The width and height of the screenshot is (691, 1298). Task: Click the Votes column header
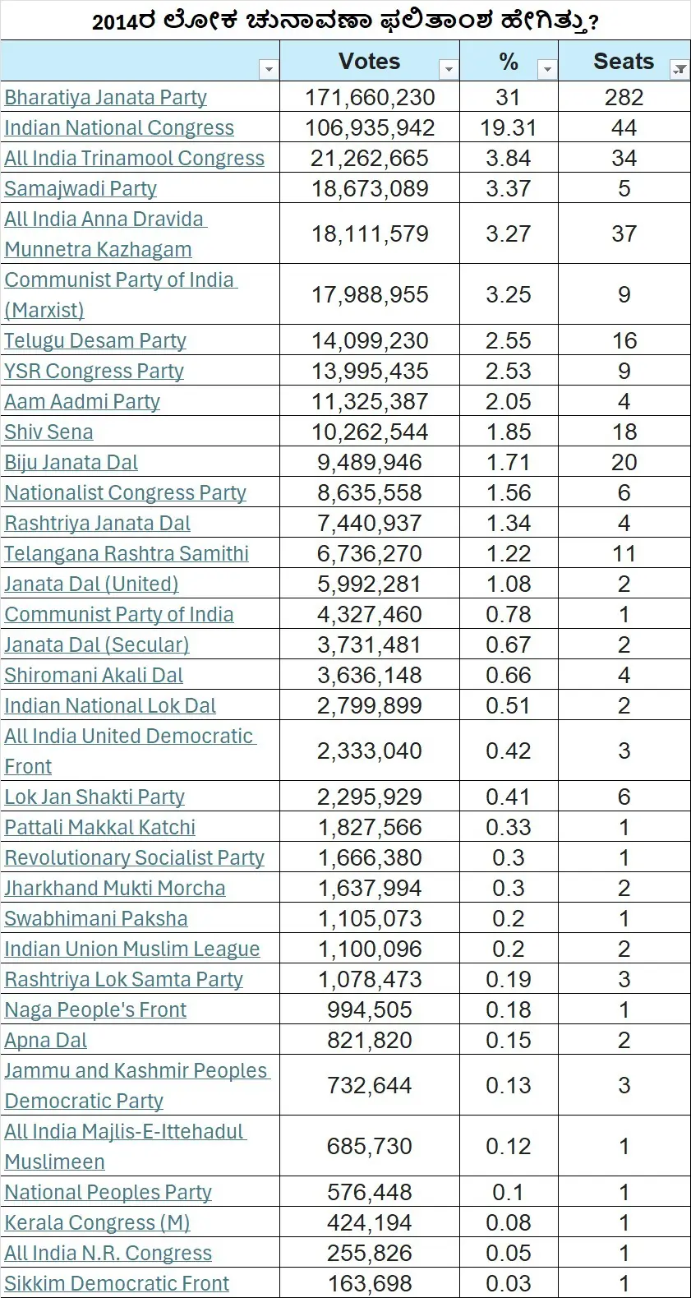point(369,62)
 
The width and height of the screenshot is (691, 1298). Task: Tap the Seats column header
point(624,62)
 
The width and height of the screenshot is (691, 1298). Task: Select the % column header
point(509,62)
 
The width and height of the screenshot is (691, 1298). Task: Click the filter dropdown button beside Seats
point(679,70)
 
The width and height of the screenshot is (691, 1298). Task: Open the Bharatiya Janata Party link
point(105,98)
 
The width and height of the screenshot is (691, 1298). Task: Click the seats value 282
point(624,98)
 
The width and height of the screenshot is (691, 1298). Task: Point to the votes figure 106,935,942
point(370,128)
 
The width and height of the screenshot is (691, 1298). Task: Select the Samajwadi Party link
point(81,189)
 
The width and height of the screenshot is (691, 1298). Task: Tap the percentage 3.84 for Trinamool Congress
point(509,159)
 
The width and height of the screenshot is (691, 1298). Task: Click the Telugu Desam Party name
point(95,341)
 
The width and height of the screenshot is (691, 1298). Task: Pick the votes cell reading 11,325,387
point(370,402)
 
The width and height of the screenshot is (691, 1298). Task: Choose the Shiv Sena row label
point(48,432)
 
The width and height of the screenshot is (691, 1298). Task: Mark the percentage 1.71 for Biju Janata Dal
point(509,463)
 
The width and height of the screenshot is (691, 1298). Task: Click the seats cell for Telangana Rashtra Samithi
point(624,554)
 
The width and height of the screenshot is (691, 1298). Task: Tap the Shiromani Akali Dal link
point(94,676)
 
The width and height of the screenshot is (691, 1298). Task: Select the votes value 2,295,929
point(370,797)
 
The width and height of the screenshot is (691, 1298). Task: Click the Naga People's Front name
point(95,1010)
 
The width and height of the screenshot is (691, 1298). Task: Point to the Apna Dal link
point(46,1041)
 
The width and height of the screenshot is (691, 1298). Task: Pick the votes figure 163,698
point(370,1284)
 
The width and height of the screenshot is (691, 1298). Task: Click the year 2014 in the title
point(115,21)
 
